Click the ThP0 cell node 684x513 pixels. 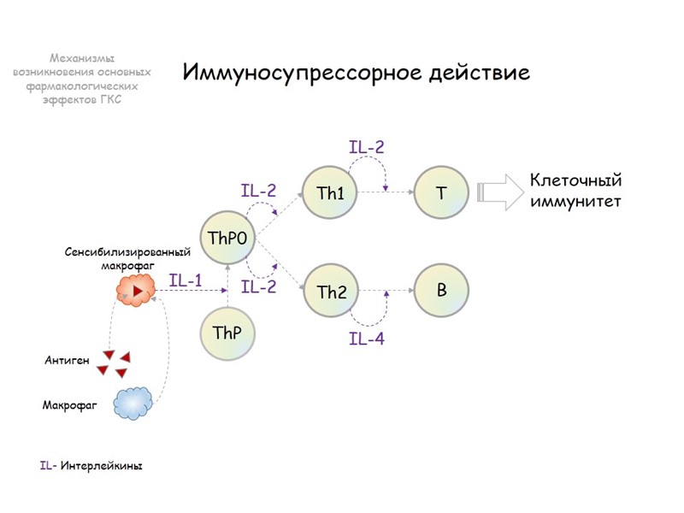pyautogui.click(x=227, y=239)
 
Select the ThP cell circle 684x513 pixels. pyautogui.click(x=227, y=332)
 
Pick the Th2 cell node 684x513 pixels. pyautogui.click(x=332, y=292)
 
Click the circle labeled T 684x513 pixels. pyautogui.click(x=441, y=192)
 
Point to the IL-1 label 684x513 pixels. pyautogui.click(x=186, y=280)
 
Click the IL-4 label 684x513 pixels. pyautogui.click(x=367, y=339)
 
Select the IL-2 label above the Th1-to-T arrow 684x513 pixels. pyautogui.click(x=367, y=147)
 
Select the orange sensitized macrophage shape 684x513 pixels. pyautogui.click(x=136, y=292)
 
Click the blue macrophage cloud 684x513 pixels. pyautogui.click(x=133, y=402)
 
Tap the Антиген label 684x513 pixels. pyautogui.click(x=67, y=361)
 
